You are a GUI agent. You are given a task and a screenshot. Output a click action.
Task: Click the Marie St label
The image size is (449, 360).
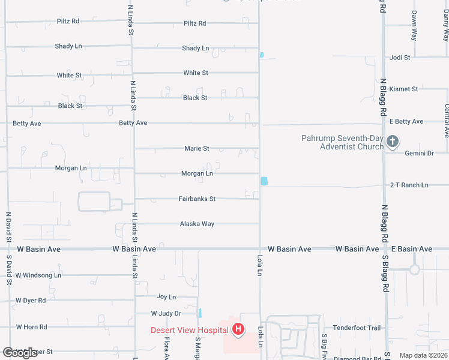[196, 148]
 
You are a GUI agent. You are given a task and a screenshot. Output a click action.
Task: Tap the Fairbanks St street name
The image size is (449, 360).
[197, 199]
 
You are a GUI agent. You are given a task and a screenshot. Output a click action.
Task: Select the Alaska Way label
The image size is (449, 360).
[197, 224]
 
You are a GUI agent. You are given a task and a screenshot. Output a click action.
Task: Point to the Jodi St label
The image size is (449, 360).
[399, 58]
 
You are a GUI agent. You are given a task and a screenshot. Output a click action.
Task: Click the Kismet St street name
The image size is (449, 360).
[403, 89]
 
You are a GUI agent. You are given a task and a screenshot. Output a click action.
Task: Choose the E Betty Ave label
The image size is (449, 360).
[406, 121]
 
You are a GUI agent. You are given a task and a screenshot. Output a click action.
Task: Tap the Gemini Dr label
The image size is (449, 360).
[419, 153]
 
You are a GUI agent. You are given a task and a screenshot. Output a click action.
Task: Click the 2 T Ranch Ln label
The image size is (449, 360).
[409, 185]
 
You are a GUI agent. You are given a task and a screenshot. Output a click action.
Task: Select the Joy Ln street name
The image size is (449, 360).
[166, 296]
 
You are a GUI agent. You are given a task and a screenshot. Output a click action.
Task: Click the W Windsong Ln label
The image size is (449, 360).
[38, 275]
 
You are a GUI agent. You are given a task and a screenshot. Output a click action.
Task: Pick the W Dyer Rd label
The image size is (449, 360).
[31, 300]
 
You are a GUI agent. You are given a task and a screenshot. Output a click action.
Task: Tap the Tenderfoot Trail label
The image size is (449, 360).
[357, 328]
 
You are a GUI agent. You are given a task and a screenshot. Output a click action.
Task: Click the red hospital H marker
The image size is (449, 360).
[238, 329]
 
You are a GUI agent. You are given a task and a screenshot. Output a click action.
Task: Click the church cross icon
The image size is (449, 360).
[393, 142]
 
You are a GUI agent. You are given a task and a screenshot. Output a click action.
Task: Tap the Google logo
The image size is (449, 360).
[20, 353]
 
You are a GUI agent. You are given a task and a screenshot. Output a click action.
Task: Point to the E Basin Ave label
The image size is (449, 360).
[411, 249]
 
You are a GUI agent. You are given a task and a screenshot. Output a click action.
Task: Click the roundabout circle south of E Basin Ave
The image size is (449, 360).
[414, 269]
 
